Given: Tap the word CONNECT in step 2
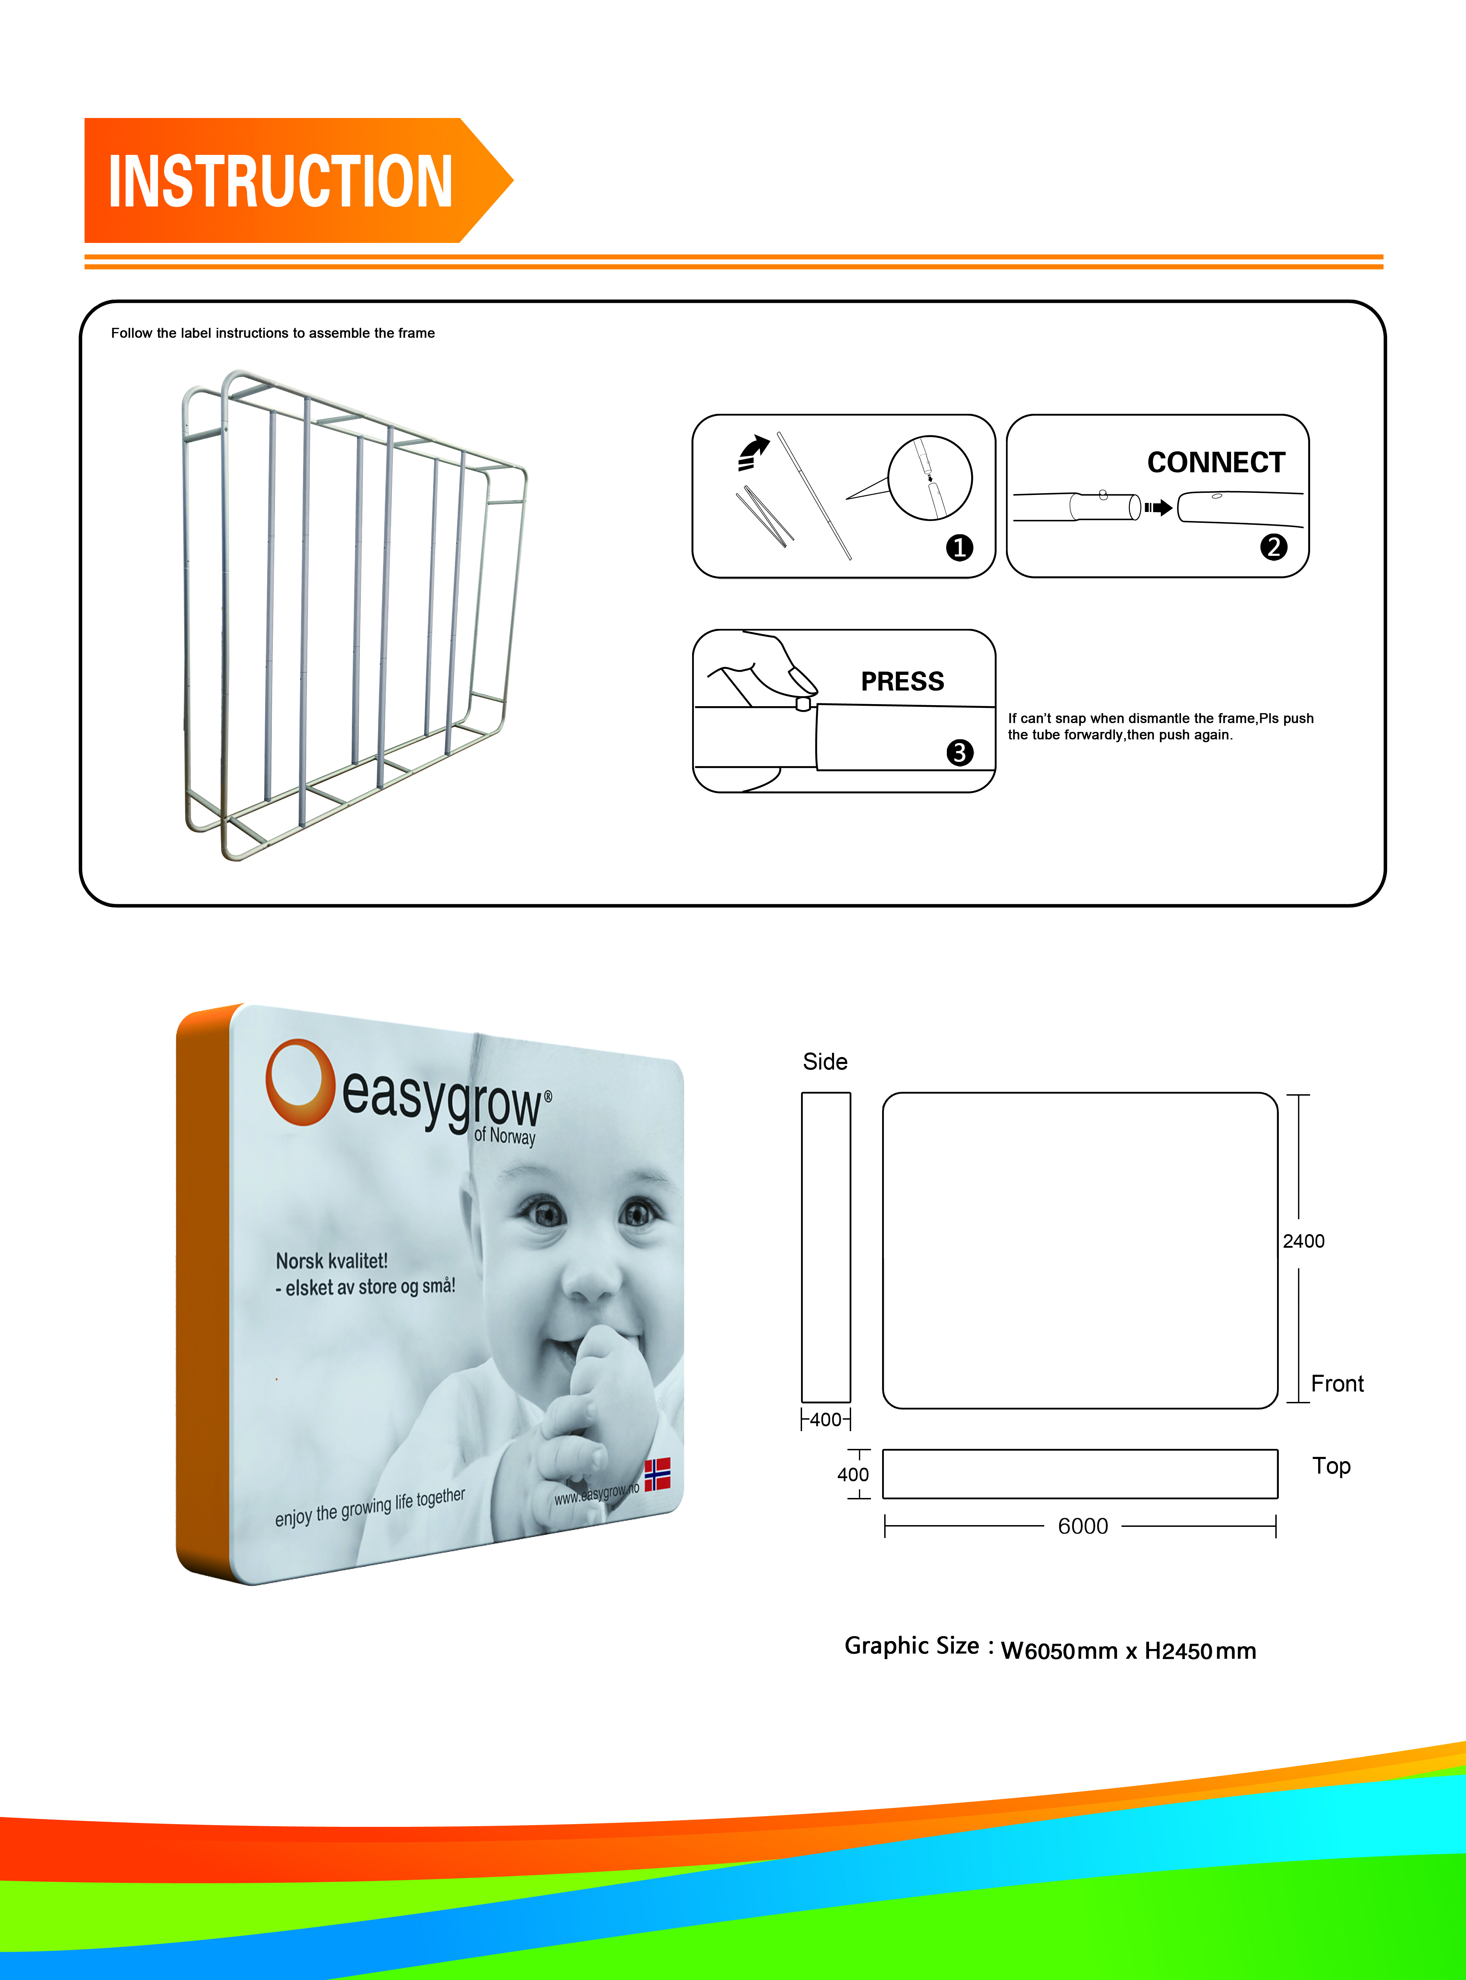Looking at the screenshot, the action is point(1216,463).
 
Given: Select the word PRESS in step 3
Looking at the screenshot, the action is point(903,681).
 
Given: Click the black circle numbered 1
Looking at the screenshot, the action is point(959,547).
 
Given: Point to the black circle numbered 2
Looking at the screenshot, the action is point(1274,547).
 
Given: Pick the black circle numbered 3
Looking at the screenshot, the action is point(959,752).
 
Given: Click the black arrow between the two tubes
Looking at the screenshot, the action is point(1158,508).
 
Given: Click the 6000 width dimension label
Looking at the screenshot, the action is point(1083,1527).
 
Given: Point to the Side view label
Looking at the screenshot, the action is point(825,1062).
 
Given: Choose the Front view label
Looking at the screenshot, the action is point(1337,1383).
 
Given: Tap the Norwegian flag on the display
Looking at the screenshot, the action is point(658,1474).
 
